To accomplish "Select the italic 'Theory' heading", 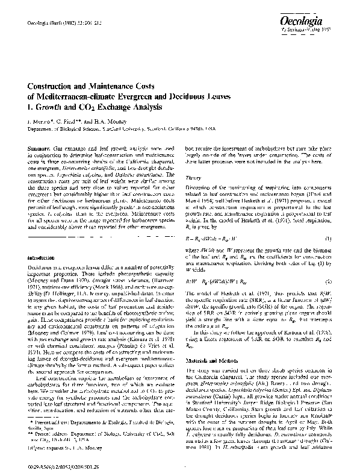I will [x=193, y=178].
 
